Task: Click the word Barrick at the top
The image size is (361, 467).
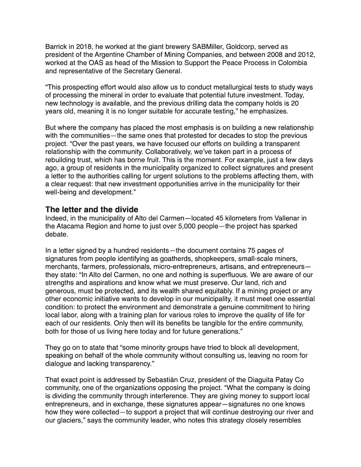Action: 57,46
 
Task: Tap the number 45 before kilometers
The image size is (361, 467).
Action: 206,218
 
